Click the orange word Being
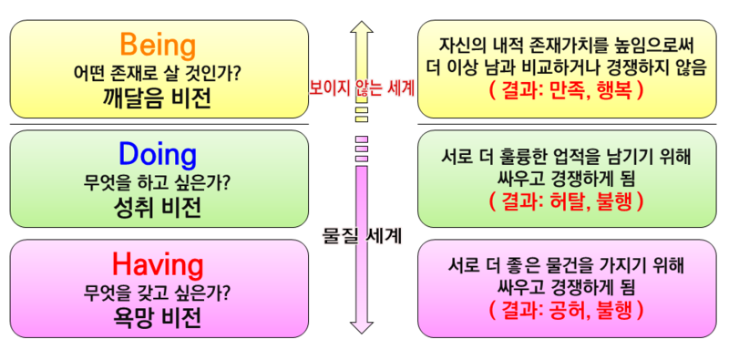coord(158,44)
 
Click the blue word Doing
coord(158,154)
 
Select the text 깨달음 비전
coord(158,98)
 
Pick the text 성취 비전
coord(158,207)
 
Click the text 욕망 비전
coord(158,316)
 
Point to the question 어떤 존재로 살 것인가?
coord(158,71)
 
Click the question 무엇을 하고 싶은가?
coord(158,181)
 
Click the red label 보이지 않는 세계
coord(363,88)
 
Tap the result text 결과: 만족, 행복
coord(567,91)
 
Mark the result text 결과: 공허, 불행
coord(567,310)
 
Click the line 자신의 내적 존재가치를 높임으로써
coord(567,44)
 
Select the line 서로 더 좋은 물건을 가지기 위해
coord(567,265)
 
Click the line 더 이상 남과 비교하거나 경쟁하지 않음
coord(567,67)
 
